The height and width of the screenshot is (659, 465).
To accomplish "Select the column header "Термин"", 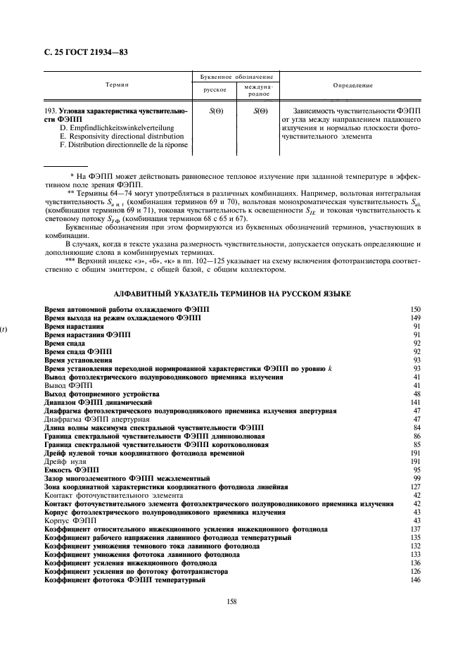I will coord(117,85).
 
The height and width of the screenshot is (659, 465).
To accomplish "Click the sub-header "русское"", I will coord(215,90).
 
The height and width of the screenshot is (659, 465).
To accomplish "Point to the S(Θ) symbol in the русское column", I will coord(217,111).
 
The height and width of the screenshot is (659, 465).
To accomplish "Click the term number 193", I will coord(50,112).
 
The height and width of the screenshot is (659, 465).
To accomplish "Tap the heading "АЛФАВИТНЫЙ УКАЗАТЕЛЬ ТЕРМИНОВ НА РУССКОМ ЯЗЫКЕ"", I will coord(231,292).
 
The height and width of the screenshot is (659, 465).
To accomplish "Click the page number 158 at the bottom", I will coord(231,601).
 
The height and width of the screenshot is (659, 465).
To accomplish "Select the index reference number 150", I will coord(414,310).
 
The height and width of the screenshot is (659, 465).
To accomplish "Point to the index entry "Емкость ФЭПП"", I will coord(71,469).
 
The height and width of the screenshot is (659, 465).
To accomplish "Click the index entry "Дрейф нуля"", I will coord(65,460).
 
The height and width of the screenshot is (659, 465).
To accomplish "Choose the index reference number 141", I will coord(414,401).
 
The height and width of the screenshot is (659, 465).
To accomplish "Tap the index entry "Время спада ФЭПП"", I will coord(78,351).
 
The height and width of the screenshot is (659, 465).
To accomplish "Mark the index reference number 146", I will coord(414,579).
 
